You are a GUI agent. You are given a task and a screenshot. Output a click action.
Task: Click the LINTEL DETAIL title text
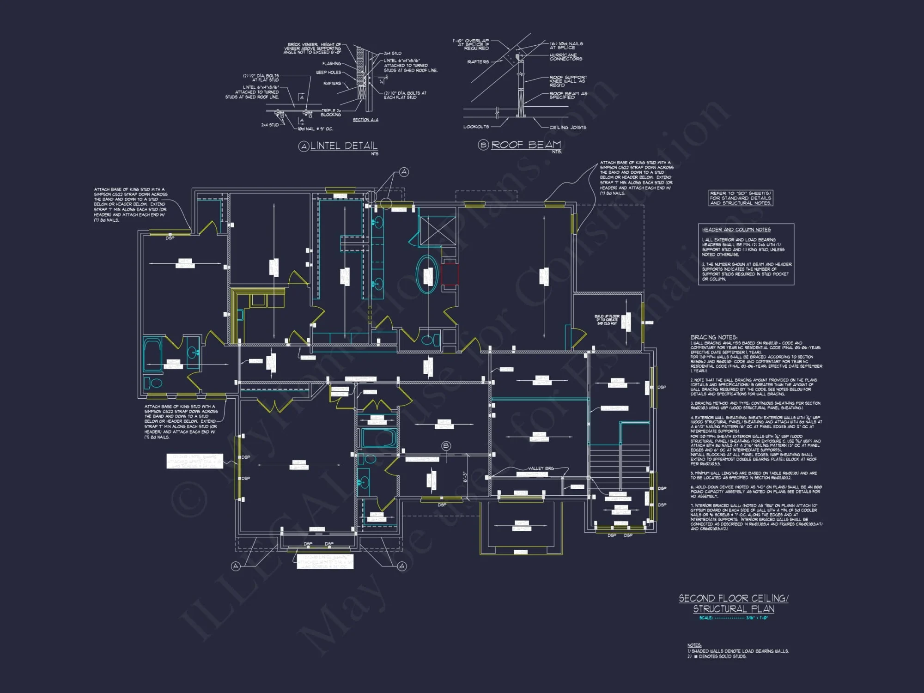point(344,146)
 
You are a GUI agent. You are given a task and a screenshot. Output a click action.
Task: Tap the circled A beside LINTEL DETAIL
point(304,147)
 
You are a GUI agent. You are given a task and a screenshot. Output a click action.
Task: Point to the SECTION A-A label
point(365,120)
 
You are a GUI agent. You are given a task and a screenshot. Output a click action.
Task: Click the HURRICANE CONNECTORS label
point(565,57)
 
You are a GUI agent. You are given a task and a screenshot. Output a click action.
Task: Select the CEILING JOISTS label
point(568,128)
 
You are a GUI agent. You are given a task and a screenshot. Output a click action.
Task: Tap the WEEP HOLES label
point(328,73)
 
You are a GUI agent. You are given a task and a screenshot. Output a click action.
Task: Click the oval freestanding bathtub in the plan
point(427,274)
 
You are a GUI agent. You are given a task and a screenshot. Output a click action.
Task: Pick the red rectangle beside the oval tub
point(450,274)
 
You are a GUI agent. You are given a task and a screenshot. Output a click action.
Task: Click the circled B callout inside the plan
point(446,446)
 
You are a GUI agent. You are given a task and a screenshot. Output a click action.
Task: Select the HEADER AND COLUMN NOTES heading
point(736,230)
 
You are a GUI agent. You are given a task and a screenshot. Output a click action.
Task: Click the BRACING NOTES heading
point(714,337)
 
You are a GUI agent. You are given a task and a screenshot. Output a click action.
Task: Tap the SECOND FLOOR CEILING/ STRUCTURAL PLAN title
point(734,603)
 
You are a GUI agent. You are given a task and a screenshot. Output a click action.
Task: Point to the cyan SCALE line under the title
point(733,618)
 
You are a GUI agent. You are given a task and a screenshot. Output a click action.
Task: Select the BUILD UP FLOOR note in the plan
point(607,320)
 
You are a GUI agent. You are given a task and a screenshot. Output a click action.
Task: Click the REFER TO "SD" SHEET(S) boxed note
point(741,198)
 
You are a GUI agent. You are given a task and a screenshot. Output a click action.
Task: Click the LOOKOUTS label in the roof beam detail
point(476,127)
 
